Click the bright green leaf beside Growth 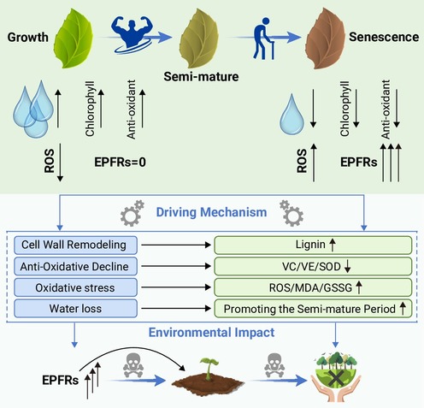click(74, 38)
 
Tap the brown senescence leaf click(326, 38)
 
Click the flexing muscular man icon click(132, 35)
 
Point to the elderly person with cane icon click(264, 38)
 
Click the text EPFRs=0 click(120, 162)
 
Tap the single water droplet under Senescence click(291, 115)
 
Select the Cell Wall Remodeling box click(75, 245)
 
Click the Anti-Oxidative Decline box click(75, 266)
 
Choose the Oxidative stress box click(75, 287)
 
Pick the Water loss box click(75, 309)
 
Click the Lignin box click(313, 245)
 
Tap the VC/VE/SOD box click(313, 266)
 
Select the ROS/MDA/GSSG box click(313, 287)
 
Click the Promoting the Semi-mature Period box click(313, 309)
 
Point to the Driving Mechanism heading click(211, 212)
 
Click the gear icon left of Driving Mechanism click(132, 213)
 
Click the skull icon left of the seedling click(132, 365)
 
